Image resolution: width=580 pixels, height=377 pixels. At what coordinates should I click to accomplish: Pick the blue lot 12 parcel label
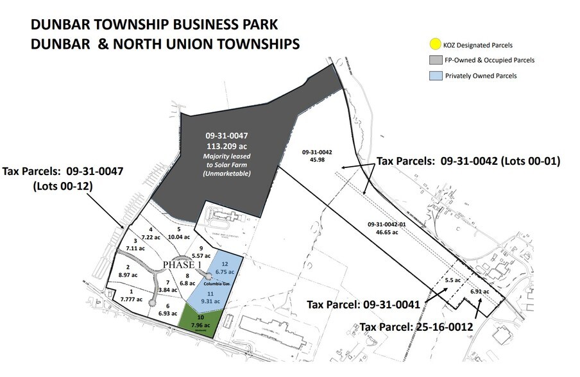pyautogui.click(x=224, y=267)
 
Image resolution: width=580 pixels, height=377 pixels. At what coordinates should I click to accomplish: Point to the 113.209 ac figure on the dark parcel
pyautogui.click(x=222, y=146)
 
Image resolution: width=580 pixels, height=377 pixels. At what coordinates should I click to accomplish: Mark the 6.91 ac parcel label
pyautogui.click(x=479, y=292)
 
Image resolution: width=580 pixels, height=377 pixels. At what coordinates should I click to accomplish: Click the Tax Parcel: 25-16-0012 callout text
pyautogui.click(x=416, y=327)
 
